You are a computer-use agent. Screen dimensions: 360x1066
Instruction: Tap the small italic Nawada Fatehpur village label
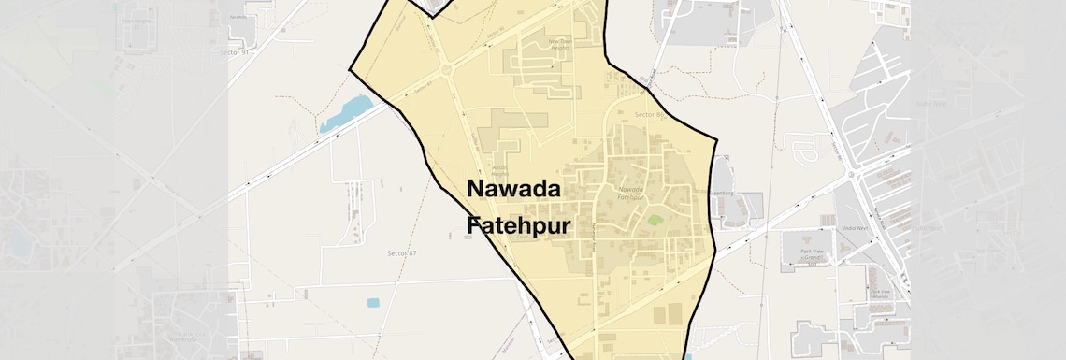pos(632,194)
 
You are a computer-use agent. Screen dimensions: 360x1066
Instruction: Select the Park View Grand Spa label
pos(817,255)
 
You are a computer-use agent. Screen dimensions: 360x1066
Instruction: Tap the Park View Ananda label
pos(880,294)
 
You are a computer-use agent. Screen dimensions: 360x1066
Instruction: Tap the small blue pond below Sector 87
pos(374,303)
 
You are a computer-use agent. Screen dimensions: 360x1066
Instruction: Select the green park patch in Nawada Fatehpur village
pos(655,221)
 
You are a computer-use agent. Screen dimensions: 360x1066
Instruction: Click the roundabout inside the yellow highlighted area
pos(447,70)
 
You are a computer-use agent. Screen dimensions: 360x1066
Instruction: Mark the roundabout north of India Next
pos(852,175)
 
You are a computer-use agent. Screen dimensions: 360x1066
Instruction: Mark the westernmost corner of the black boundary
pos(350,69)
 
